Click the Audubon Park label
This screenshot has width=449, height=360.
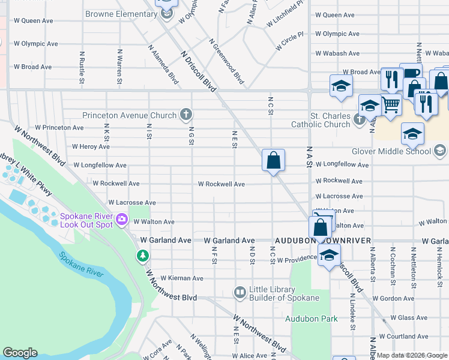coord(311,319)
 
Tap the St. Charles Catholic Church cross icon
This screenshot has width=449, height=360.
coord(360,119)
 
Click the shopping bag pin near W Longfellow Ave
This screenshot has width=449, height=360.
coord(273,161)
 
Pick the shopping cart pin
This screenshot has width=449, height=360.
coord(391,104)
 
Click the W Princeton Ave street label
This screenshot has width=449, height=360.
coord(59,128)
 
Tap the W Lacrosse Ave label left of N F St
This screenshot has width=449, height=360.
coord(132,203)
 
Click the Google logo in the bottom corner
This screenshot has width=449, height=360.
coord(20,353)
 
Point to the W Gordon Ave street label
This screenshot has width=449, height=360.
coord(393,298)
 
